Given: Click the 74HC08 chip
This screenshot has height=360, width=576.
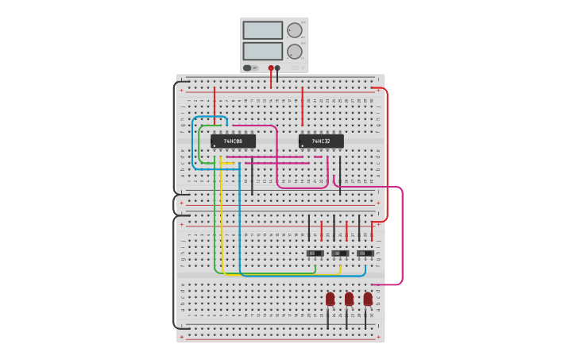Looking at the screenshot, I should pyautogui.click(x=233, y=141).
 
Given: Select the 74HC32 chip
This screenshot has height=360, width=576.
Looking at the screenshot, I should pyautogui.click(x=321, y=141).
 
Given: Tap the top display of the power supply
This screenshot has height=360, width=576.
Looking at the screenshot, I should pyautogui.click(x=262, y=30).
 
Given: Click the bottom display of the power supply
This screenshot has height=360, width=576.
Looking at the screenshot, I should pyautogui.click(x=262, y=51).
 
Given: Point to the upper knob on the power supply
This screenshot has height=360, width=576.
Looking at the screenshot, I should pyautogui.click(x=294, y=30).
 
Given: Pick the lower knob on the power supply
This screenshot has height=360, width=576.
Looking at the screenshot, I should pyautogui.click(x=294, y=51).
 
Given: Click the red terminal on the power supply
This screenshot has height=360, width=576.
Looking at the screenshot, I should pyautogui.click(x=271, y=68).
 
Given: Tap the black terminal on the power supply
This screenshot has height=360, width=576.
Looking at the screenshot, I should pyautogui.click(x=277, y=68).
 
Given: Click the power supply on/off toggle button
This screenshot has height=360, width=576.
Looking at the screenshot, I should pyautogui.click(x=248, y=68).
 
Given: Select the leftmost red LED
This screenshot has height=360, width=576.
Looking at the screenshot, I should pyautogui.click(x=330, y=299).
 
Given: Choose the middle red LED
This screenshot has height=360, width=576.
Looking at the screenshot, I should pyautogui.click(x=349, y=299).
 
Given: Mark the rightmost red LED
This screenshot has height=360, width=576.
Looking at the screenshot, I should pyautogui.click(x=368, y=299).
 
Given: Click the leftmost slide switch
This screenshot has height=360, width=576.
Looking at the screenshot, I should pyautogui.click(x=315, y=254).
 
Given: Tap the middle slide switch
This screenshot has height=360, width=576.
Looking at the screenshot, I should pyautogui.click(x=340, y=254).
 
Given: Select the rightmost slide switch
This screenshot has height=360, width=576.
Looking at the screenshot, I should pyautogui.click(x=365, y=254).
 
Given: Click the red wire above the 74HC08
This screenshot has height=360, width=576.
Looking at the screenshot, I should pyautogui.click(x=214, y=107).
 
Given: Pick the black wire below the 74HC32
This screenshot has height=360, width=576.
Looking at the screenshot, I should pyautogui.click(x=340, y=175).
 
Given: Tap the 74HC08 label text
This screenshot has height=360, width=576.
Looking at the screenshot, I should pyautogui.click(x=233, y=141).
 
